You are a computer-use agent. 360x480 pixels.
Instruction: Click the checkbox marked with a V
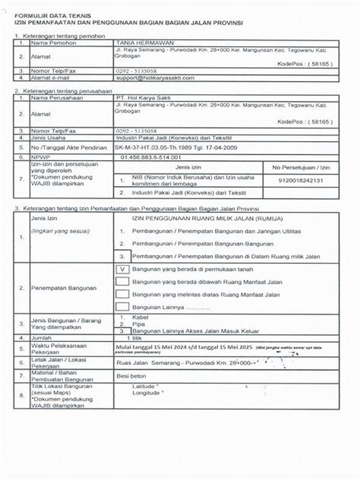click(x=122, y=269)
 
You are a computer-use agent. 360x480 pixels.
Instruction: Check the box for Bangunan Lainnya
click(x=122, y=307)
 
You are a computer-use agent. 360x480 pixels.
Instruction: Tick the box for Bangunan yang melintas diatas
click(x=122, y=294)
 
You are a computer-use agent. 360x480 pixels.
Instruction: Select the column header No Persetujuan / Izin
click(x=301, y=167)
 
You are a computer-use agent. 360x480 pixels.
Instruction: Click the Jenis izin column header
click(x=190, y=167)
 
